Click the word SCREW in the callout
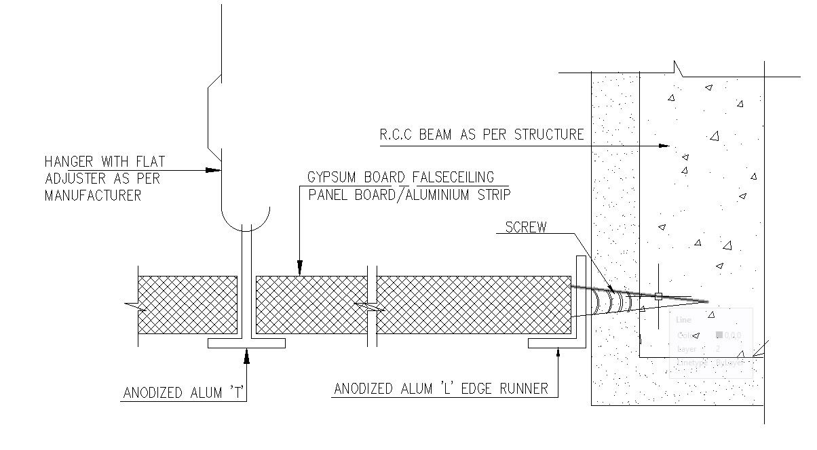[526, 227]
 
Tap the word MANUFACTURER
[93, 195]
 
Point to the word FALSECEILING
[454, 178]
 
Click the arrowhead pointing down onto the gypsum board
[299, 270]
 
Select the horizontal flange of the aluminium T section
[246, 343]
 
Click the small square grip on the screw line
[658, 295]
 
